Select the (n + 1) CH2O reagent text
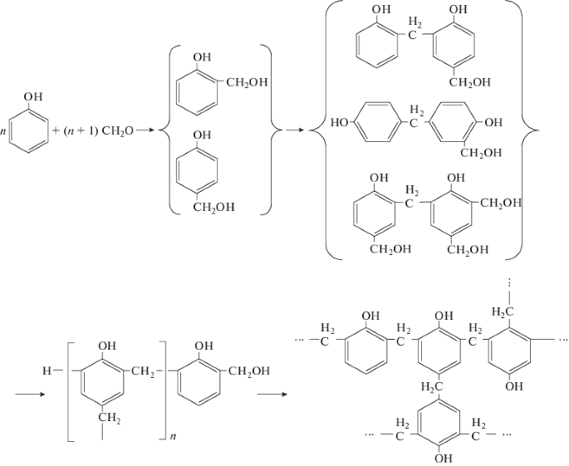tap(100, 130)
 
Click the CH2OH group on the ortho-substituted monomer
tap(243, 81)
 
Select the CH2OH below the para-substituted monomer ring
tap(213, 207)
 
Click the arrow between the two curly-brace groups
tap(296, 130)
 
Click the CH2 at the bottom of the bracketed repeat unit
tap(110, 423)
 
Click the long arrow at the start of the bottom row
tap(31, 394)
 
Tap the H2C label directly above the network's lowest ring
tap(431, 386)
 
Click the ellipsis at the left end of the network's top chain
tap(302, 341)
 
